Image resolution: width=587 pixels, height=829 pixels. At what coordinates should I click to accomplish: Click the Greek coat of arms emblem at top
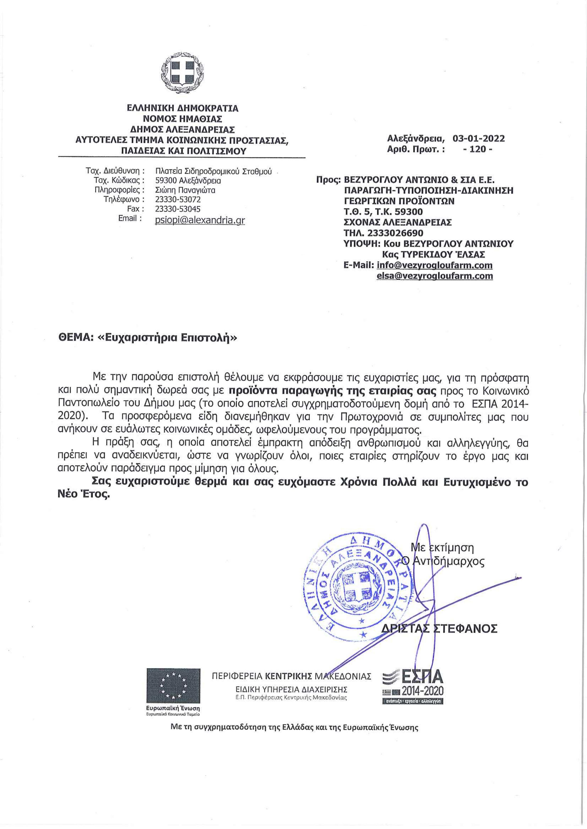182,73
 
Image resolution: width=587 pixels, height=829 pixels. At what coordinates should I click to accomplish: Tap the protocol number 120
477,149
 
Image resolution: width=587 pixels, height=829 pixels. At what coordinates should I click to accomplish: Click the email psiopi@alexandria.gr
200,220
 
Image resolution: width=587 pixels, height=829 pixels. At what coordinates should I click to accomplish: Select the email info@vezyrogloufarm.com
434,265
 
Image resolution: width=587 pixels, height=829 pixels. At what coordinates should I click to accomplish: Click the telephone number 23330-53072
178,200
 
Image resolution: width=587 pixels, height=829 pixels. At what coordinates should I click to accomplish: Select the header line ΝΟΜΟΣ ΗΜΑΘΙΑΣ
182,118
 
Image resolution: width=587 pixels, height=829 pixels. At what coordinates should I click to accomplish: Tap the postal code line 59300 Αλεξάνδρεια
188,180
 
